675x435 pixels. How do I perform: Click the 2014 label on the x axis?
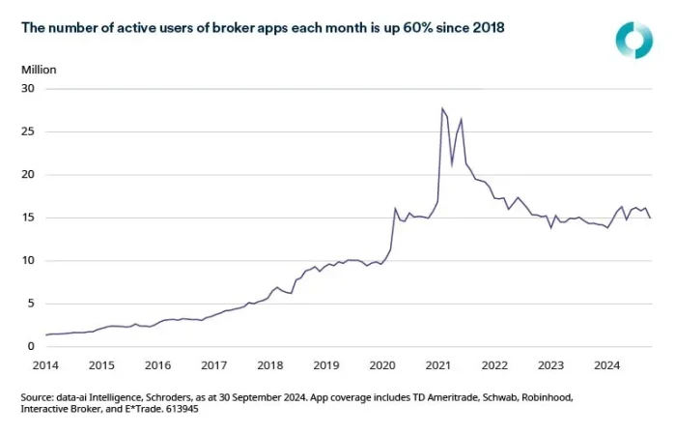click(x=46, y=365)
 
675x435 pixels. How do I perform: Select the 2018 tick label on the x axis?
click(x=270, y=365)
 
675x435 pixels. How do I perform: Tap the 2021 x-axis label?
click(x=439, y=365)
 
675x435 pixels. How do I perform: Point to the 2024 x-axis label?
click(x=606, y=365)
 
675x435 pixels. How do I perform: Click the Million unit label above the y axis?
click(x=39, y=70)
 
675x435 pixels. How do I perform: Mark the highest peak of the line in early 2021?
click(x=441, y=108)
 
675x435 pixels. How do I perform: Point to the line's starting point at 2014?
click(x=46, y=334)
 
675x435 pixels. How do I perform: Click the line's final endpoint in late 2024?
click(x=650, y=217)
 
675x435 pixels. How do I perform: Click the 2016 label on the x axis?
click(x=158, y=365)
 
